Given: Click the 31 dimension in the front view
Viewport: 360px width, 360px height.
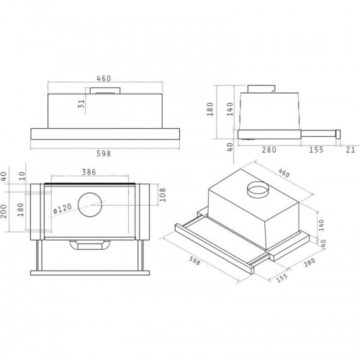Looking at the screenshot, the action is [82, 104].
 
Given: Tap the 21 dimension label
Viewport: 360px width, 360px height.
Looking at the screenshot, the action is [351, 150].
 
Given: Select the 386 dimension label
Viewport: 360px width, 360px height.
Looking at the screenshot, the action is [89, 172].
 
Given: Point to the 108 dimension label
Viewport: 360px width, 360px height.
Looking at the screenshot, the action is [163, 195].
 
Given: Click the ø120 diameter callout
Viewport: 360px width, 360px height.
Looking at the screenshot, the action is [63, 209].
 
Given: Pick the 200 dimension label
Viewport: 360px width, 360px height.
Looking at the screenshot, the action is [4, 211].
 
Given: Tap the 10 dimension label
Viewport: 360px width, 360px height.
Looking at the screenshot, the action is [22, 176].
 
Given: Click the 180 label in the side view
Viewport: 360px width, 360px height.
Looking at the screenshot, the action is [210, 109].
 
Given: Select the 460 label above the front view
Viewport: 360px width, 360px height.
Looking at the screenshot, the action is [104, 78].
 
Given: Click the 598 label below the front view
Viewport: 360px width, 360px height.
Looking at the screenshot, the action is [104, 153].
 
